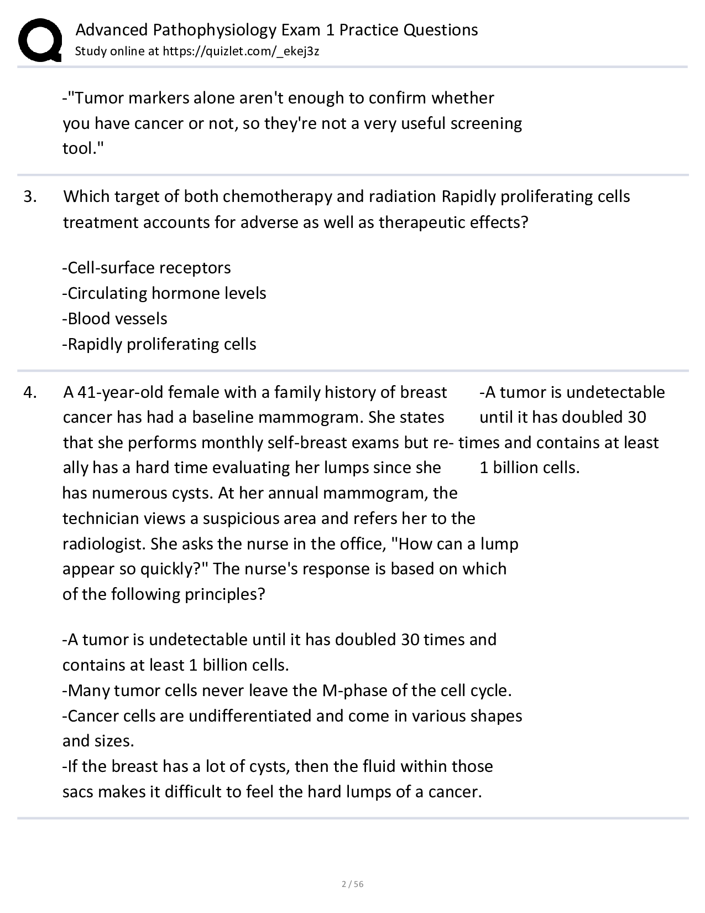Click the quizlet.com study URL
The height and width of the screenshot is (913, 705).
tap(241, 51)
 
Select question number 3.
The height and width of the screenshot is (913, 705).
tap(30, 196)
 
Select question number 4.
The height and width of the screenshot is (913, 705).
tap(30, 392)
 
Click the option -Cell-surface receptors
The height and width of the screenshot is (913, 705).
tap(147, 268)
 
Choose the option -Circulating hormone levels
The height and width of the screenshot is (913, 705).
tap(164, 293)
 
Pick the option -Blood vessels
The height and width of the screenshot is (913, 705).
tap(114, 319)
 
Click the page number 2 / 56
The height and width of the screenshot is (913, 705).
tap(352, 884)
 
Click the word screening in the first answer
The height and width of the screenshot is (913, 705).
tap(486, 123)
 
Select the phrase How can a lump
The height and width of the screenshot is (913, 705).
tap(457, 544)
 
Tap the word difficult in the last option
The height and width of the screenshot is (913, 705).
tap(203, 792)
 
